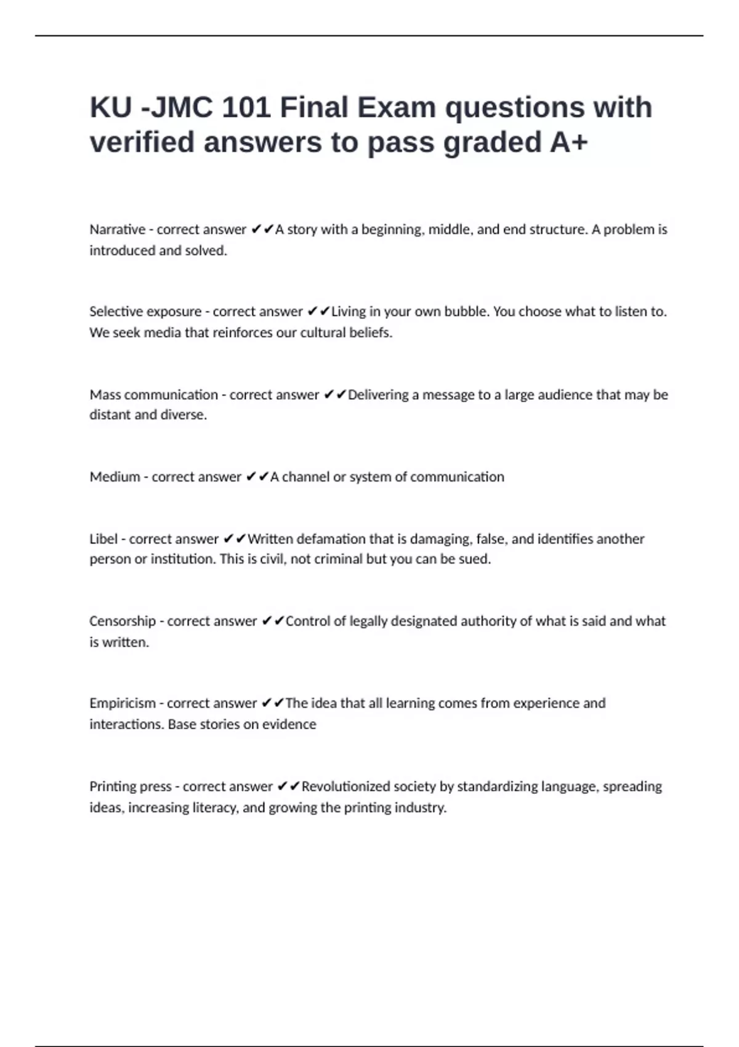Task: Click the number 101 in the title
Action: click(x=246, y=108)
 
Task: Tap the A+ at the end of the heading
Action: click(x=568, y=142)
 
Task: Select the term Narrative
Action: click(x=117, y=230)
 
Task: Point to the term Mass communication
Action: click(x=153, y=395)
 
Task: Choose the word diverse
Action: click(x=184, y=415)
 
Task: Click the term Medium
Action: click(x=115, y=477)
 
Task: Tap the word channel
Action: click(x=305, y=477)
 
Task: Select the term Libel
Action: click(x=103, y=540)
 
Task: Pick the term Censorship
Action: click(x=122, y=621)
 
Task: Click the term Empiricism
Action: click(x=122, y=703)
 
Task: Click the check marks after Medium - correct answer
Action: click(x=257, y=477)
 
